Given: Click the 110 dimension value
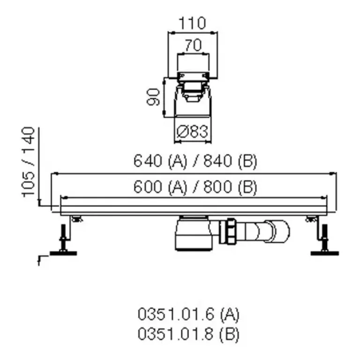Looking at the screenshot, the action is pos(192,23).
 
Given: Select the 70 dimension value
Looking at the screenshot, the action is pos(193,45).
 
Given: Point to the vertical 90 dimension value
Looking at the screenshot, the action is pos(153,97).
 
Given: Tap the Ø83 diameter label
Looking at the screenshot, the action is pos(192,132).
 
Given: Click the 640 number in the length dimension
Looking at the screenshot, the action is pos(148,160).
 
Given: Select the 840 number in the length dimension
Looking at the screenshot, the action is pos(217,160).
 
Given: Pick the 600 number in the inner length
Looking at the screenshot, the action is pos(148,187).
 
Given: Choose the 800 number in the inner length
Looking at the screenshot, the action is pos(217,187).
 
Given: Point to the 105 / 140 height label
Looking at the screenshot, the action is pos(28,162).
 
